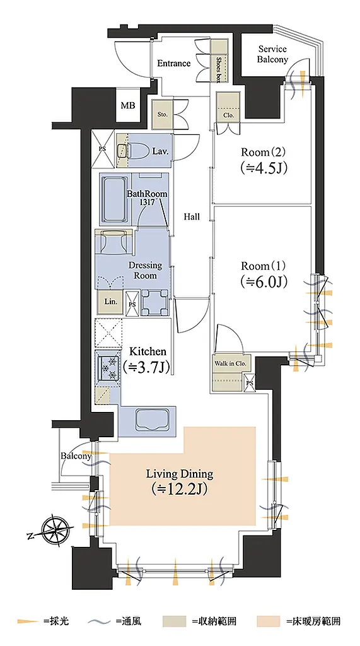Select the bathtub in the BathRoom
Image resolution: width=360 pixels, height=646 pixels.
click(x=114, y=200)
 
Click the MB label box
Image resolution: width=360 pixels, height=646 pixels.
click(x=128, y=105)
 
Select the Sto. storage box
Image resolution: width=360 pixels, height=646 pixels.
click(x=163, y=114)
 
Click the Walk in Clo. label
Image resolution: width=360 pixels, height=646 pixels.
click(x=230, y=364)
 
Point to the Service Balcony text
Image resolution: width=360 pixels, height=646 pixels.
click(x=272, y=54)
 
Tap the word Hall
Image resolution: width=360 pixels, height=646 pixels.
click(x=192, y=217)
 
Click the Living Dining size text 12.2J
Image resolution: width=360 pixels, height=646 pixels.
click(x=179, y=489)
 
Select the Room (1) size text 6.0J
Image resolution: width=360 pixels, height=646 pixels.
click(x=263, y=281)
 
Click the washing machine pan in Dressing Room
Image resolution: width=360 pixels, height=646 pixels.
click(x=155, y=302)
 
